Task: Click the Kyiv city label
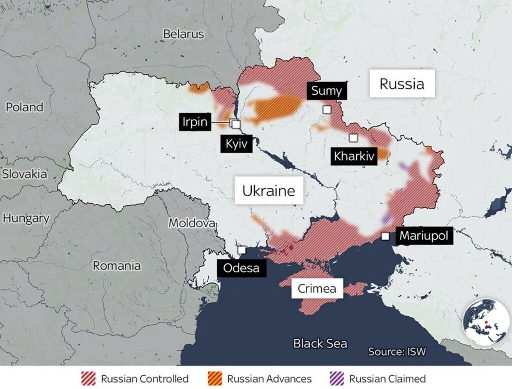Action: click(237, 144)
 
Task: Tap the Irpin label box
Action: click(195, 122)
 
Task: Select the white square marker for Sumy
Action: click(327, 110)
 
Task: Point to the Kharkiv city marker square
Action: click(353, 138)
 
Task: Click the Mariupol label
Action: click(424, 236)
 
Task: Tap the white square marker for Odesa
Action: click(241, 250)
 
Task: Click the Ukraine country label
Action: click(269, 191)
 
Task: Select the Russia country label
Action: click(402, 84)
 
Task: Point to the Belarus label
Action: click(184, 34)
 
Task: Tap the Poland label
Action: click(24, 107)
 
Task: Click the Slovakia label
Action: click(24, 174)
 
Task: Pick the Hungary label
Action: click(26, 218)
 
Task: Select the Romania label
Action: click(117, 266)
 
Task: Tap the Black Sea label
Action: click(320, 343)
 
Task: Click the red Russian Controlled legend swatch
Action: click(88, 378)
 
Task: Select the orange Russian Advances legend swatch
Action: click(214, 378)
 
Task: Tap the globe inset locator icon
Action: click(486, 321)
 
